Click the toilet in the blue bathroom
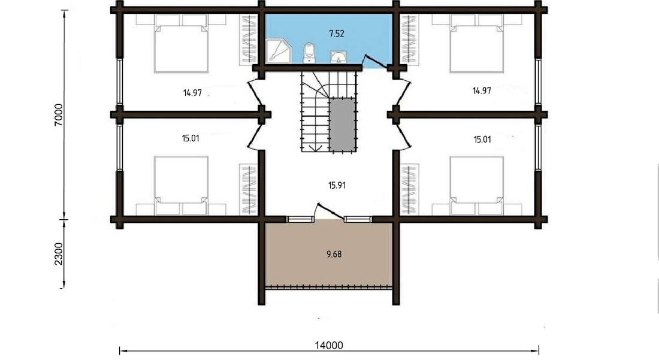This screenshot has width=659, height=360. click(x=309, y=53)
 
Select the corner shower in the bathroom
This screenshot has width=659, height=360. click(x=278, y=51)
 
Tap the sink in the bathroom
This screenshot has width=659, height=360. click(x=338, y=57)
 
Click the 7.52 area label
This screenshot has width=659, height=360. click(x=337, y=33)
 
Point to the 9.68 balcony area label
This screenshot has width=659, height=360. click(x=334, y=254)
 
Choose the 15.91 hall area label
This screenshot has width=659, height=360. click(x=337, y=185)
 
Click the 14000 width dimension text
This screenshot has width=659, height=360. click(x=329, y=345)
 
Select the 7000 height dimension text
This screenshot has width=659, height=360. click(x=59, y=114)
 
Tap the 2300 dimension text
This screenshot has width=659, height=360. click(x=59, y=254)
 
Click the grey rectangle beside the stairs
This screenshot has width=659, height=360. click(x=343, y=125)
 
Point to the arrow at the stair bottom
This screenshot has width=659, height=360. click(x=314, y=147)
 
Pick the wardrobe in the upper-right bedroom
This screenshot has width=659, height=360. click(x=409, y=40)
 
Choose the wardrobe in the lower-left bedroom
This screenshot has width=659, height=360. click(x=248, y=189)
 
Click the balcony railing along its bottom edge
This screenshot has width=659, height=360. click(x=329, y=288)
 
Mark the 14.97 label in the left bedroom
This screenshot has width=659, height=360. click(x=192, y=93)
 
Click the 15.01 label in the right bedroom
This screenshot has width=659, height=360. click(x=482, y=140)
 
